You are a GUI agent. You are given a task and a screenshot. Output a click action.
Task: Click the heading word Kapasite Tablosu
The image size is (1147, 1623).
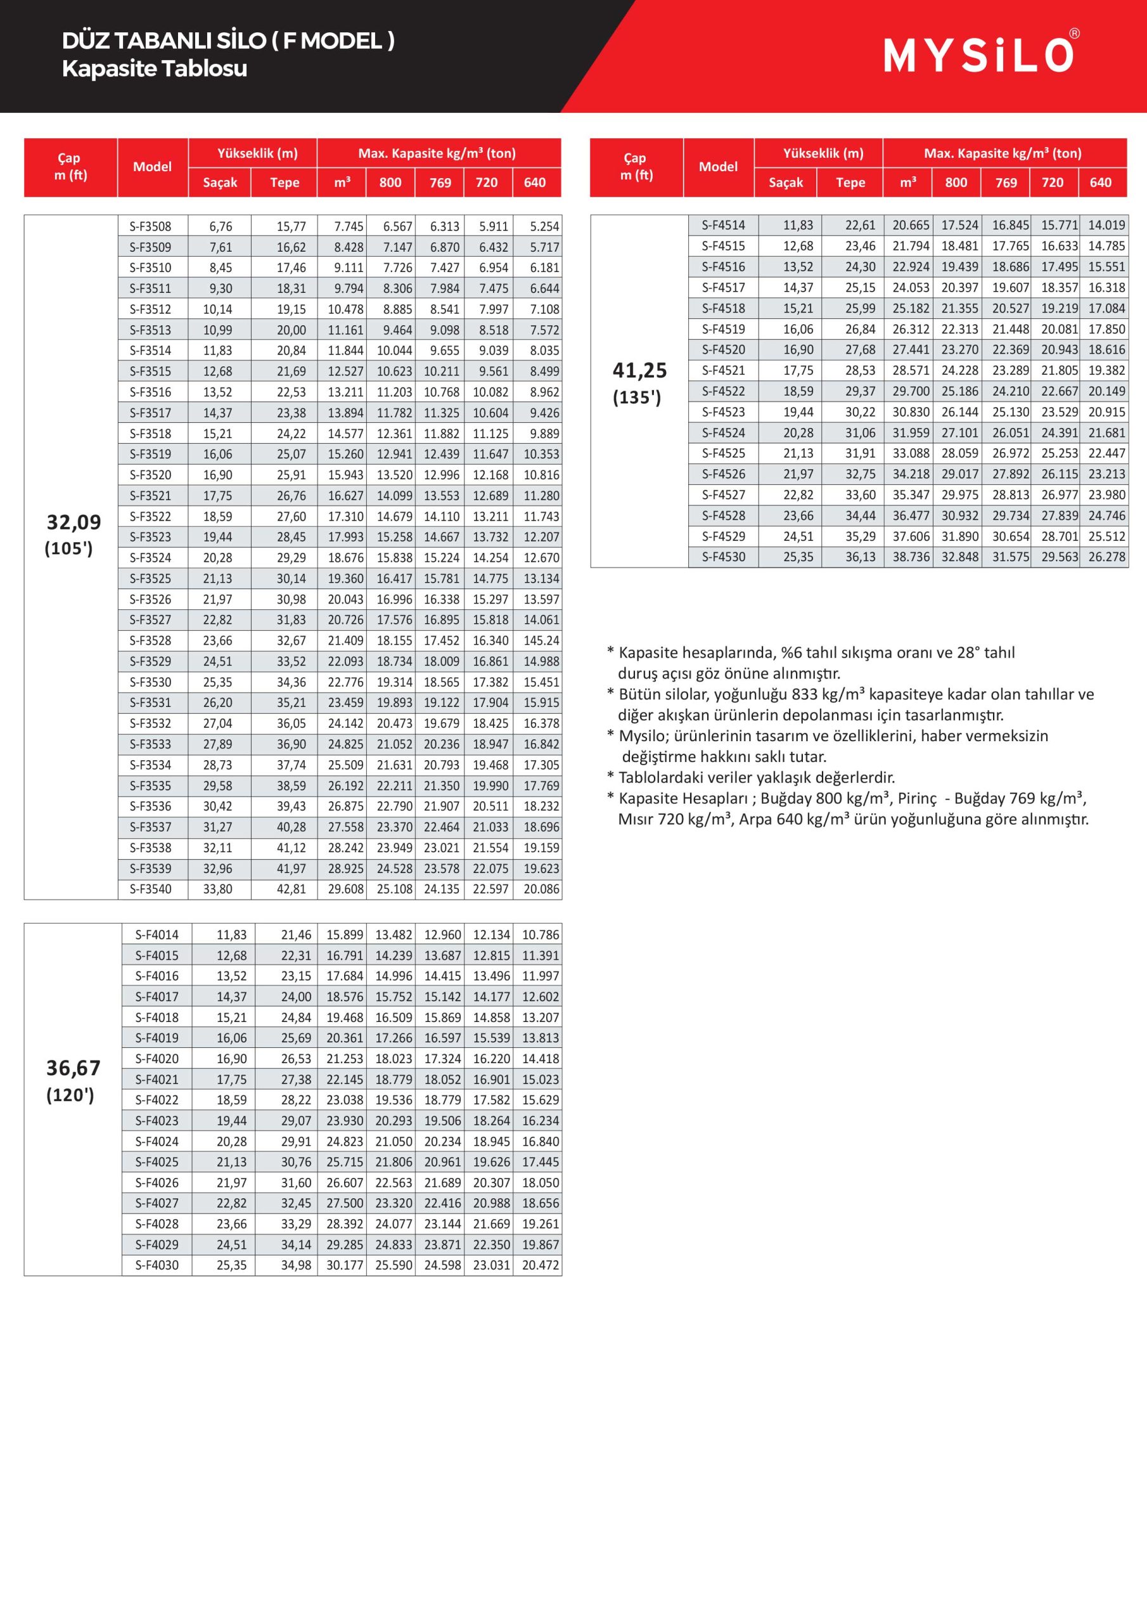click(x=154, y=68)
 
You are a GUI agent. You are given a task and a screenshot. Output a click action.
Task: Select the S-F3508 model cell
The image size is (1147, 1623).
click(x=151, y=226)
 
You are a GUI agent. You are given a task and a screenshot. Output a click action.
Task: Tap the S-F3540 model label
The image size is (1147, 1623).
click(x=151, y=889)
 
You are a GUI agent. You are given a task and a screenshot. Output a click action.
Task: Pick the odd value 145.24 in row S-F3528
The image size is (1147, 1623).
click(x=541, y=640)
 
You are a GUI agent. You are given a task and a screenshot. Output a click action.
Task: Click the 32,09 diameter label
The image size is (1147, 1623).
click(x=74, y=522)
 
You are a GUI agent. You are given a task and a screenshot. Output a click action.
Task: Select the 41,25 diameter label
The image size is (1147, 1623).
click(x=639, y=370)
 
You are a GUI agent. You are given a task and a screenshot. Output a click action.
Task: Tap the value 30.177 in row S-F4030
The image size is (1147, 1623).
click(x=344, y=1265)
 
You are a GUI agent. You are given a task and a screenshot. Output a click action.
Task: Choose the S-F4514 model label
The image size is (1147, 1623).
click(x=723, y=225)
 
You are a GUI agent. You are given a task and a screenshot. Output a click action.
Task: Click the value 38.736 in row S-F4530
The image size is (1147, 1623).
click(x=910, y=557)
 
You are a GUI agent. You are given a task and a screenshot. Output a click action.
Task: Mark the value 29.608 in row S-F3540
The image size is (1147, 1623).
click(x=345, y=889)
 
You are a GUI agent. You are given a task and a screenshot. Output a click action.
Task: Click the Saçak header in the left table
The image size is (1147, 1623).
click(x=220, y=183)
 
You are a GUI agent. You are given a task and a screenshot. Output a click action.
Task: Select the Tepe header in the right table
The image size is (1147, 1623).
click(x=850, y=183)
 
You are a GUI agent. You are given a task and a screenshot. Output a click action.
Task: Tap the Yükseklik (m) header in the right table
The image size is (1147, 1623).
click(x=823, y=153)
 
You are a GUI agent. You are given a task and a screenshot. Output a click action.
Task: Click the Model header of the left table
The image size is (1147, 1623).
click(x=152, y=167)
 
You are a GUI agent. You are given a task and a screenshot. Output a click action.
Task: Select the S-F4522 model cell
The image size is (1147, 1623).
click(x=723, y=391)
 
